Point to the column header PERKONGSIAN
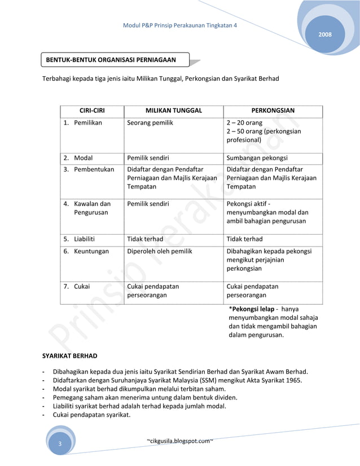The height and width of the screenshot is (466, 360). [x=273, y=111]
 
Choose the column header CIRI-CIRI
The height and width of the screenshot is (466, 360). [x=93, y=111]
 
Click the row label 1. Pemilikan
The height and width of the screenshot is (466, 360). [x=83, y=122]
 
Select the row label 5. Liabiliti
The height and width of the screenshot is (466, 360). [x=81, y=239]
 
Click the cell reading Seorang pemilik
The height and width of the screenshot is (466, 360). [x=150, y=122]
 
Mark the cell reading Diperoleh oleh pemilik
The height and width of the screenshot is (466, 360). [x=160, y=251]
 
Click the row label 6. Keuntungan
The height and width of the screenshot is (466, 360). [x=86, y=251]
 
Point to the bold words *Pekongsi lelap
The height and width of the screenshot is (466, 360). [x=251, y=310]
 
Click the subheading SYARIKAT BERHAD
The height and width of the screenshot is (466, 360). [x=70, y=356]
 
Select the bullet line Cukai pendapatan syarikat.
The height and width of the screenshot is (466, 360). [x=91, y=416]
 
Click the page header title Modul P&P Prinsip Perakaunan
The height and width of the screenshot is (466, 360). [x=179, y=27]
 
